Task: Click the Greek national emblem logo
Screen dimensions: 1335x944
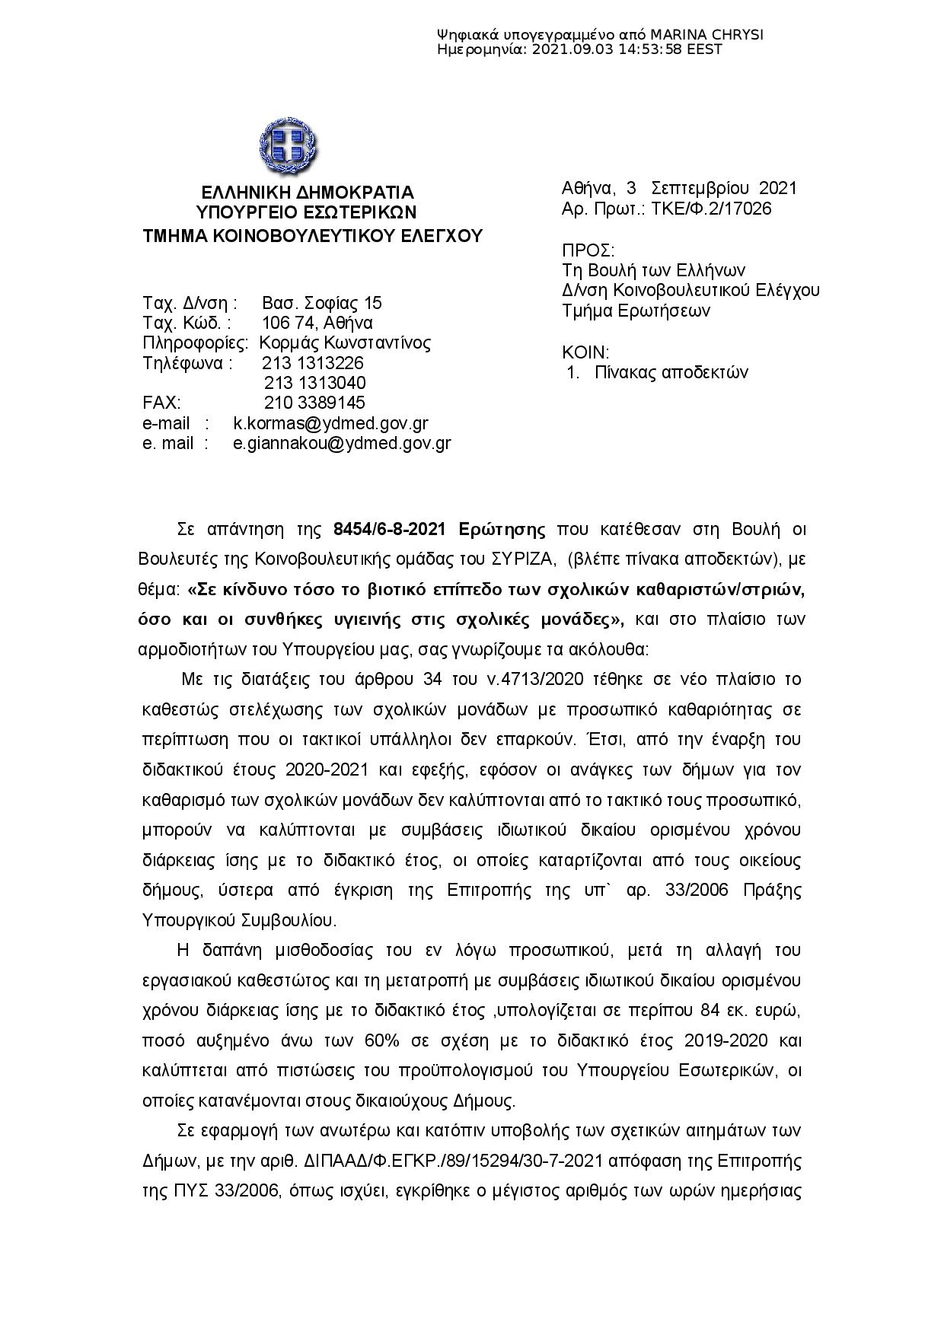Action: pyautogui.click(x=288, y=145)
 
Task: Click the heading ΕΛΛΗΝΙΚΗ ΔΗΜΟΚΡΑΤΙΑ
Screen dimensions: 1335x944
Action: pyautogui.click(x=307, y=192)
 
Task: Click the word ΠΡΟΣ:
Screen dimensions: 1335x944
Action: pyautogui.click(x=588, y=250)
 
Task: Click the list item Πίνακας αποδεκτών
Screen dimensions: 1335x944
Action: pyautogui.click(x=671, y=372)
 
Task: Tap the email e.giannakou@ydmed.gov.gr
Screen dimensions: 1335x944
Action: pyautogui.click(x=342, y=443)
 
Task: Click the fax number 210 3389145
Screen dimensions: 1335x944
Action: pyautogui.click(x=314, y=403)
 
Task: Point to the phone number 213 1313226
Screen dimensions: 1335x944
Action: pyautogui.click(x=313, y=362)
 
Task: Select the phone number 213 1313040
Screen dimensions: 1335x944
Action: pyautogui.click(x=314, y=382)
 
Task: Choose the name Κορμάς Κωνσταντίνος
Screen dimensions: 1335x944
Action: pyautogui.click(x=345, y=343)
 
